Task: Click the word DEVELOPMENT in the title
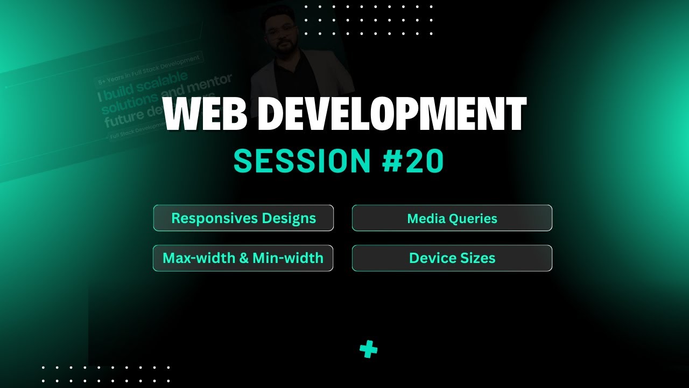tap(396, 115)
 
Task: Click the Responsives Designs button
tap(243, 218)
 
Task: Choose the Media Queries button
tap(452, 218)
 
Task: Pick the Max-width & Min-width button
tap(243, 258)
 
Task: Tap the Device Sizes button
tap(452, 258)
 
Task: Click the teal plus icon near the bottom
tap(369, 350)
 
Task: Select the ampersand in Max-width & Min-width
tap(243, 258)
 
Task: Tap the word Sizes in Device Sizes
tap(477, 258)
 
